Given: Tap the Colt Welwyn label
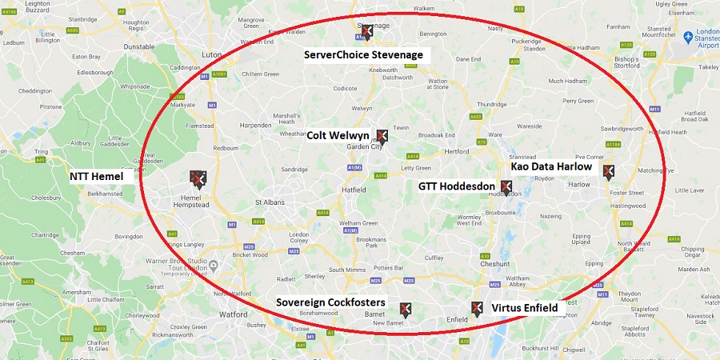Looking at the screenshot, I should coord(338,136).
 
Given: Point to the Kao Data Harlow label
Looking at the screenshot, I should coord(551,167).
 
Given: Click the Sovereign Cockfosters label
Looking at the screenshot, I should coord(330,302).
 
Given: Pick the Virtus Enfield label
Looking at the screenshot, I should coord(524,307).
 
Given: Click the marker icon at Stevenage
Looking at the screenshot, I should coord(366,31).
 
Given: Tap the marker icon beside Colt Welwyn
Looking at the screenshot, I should coord(382,136).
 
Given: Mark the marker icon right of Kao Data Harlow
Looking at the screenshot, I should coord(608,170).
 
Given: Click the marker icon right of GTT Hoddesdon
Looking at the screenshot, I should coord(505,187).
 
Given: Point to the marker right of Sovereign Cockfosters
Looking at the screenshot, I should coord(406,308).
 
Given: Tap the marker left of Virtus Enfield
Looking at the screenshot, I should coord(477,308).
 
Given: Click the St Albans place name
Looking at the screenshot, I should coord(270,203).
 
